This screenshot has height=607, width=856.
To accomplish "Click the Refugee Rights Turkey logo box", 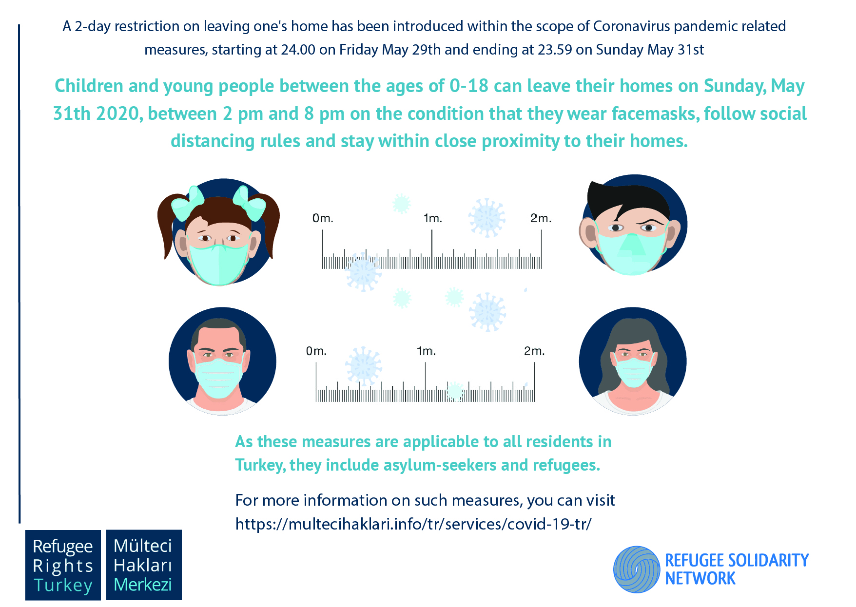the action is [63, 565].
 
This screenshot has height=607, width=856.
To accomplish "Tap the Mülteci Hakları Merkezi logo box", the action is [144, 565].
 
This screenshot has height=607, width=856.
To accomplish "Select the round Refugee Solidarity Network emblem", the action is [637, 569].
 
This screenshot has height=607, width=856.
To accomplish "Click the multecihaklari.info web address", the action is [413, 524].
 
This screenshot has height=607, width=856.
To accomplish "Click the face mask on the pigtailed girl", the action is [219, 264].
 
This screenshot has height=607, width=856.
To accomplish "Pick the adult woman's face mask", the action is [634, 372].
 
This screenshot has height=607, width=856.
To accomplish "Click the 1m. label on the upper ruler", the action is [433, 218].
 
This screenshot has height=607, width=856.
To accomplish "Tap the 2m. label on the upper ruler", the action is [541, 218].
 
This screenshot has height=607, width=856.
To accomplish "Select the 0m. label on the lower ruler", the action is [316, 351].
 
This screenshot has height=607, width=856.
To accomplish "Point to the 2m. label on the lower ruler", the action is [534, 351].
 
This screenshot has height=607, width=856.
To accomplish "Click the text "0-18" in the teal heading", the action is [469, 86].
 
